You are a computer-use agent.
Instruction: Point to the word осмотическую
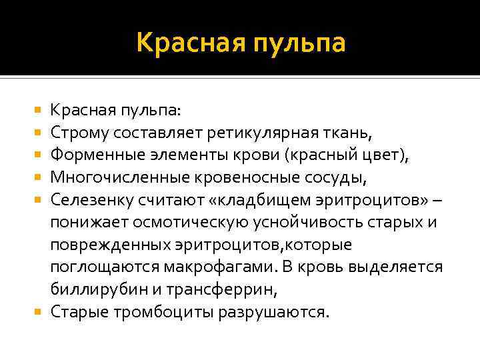coord(189,221)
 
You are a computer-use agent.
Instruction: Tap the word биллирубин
coord(91,289)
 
